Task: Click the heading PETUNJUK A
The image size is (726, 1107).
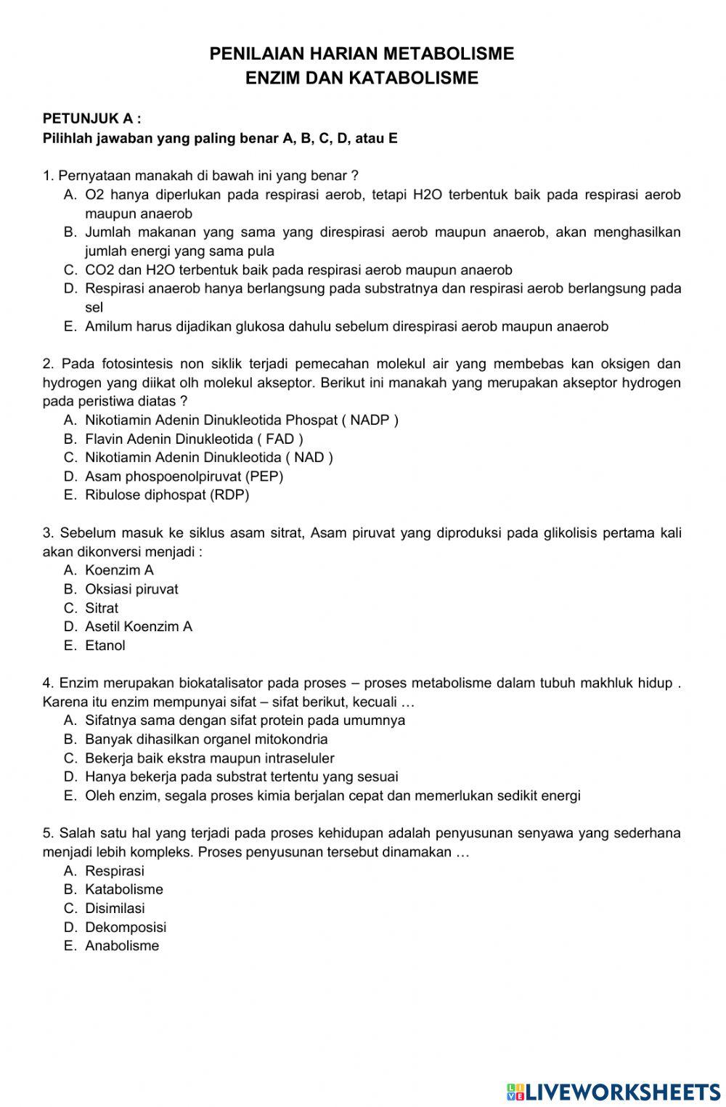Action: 91,118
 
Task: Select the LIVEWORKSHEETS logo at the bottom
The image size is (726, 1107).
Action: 613,1092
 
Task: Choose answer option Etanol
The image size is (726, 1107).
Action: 105,646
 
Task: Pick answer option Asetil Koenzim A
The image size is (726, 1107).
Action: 138,627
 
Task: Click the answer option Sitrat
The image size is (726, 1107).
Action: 101,608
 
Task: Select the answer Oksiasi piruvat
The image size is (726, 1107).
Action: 131,589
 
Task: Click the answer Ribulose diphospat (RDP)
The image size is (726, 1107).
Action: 166,495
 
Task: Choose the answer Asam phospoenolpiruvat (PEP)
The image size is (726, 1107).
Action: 184,477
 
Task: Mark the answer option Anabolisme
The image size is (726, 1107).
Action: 121,946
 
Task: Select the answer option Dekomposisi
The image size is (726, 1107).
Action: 125,927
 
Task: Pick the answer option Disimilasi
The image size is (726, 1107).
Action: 115,908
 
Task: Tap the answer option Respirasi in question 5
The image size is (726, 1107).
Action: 114,870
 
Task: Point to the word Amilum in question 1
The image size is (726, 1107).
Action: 106,326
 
